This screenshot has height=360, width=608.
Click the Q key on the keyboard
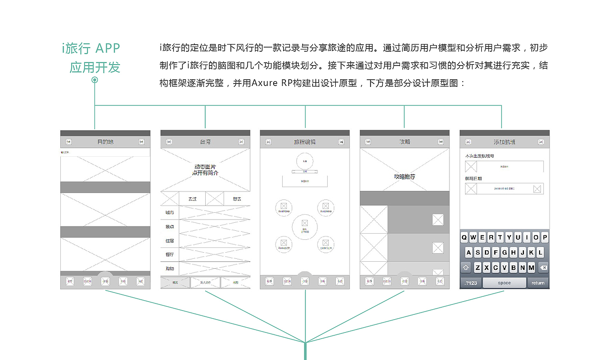coord(465,237)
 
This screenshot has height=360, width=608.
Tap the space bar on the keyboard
coord(504,283)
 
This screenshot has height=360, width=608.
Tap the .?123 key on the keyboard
coord(470,283)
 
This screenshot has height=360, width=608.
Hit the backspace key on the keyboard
coord(543,268)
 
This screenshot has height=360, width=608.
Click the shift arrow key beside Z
coord(465,268)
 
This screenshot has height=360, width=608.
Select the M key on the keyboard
coord(531,268)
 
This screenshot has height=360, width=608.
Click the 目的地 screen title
coord(105,142)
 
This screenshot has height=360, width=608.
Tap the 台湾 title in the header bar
coord(205,142)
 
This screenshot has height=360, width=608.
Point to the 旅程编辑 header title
coord(304,142)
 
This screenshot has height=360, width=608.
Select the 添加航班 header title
coord(504,142)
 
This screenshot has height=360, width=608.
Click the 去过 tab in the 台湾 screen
coord(192,199)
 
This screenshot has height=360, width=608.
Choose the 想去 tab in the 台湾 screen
coord(236,199)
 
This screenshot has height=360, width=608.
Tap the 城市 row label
coord(170,212)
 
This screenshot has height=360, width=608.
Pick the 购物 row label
coord(170,268)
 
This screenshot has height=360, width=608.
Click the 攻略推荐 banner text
coord(404,177)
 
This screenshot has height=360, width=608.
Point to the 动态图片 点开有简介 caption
coord(205,170)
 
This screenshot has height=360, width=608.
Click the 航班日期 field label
coord(473,179)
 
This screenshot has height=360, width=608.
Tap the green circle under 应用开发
coord(95,80)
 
